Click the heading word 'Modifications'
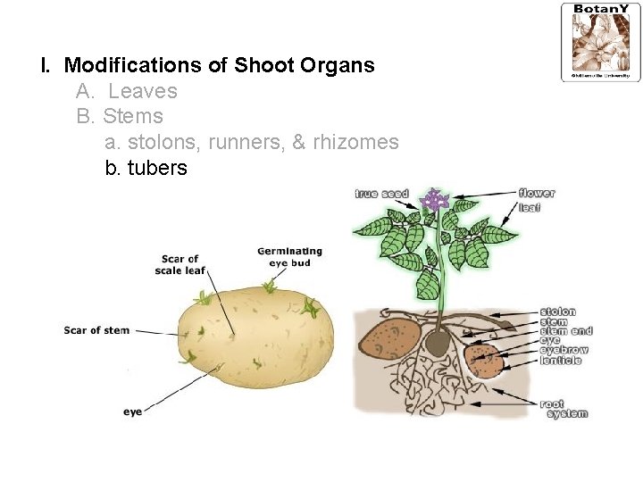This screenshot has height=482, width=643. click(143, 65)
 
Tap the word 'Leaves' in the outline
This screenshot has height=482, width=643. click(143, 91)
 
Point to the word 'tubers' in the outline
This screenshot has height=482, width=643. click(157, 168)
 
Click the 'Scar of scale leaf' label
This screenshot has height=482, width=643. click(180, 265)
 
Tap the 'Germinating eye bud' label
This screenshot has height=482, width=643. click(289, 257)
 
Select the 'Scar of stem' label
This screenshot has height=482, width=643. click(96, 330)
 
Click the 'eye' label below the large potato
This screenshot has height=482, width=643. click(132, 411)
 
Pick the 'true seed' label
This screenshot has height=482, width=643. click(381, 194)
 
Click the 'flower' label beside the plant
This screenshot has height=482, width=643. click(537, 194)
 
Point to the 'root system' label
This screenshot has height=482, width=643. click(564, 409)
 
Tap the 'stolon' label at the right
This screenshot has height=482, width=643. click(557, 312)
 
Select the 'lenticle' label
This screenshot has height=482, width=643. click(561, 361)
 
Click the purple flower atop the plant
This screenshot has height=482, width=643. click(436, 199)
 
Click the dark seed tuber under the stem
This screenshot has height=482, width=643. click(437, 343)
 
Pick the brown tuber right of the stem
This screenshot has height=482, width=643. click(485, 361)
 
